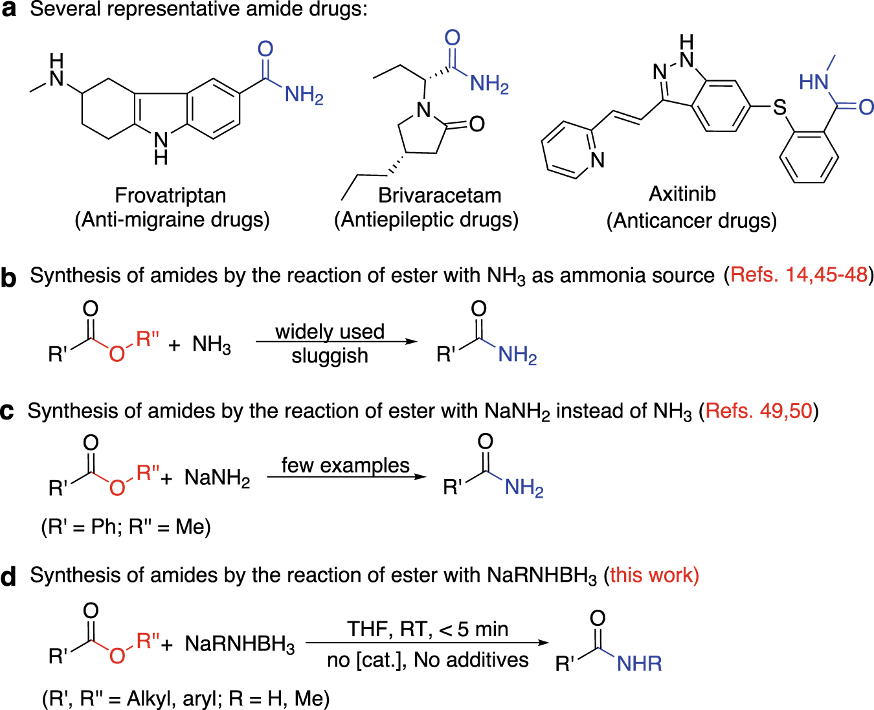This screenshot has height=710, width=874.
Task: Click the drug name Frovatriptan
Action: [x=170, y=195]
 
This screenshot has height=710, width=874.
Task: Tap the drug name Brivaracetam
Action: [x=440, y=195]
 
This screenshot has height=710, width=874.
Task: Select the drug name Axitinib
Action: [x=682, y=194]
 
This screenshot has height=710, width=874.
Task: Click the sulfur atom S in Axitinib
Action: [x=779, y=107]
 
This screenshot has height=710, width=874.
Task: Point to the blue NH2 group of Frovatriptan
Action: [x=304, y=95]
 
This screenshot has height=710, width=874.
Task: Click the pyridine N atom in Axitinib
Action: [x=597, y=159]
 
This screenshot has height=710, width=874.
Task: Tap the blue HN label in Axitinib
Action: [x=814, y=82]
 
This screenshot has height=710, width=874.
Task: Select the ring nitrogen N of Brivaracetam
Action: [x=424, y=110]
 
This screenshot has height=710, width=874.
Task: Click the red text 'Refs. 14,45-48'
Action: [x=798, y=275]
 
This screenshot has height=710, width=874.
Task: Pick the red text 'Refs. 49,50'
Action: [x=759, y=411]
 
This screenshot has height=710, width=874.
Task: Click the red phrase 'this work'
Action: [x=654, y=575]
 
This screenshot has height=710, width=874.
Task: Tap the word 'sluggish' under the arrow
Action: [x=330, y=356]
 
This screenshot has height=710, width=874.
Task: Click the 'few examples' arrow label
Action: [x=345, y=465]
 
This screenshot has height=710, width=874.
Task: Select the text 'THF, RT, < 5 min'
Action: [x=427, y=629]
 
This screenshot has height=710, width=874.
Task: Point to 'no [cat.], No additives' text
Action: [x=427, y=660]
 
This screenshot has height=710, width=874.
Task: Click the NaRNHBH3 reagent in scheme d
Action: [x=240, y=645]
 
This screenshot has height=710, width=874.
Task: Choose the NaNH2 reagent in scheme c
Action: [x=217, y=478]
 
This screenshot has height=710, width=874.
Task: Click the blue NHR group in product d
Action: [x=639, y=663]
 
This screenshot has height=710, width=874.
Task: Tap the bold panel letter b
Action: [x=8, y=277]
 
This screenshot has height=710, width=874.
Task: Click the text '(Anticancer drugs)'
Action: [x=691, y=221]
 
